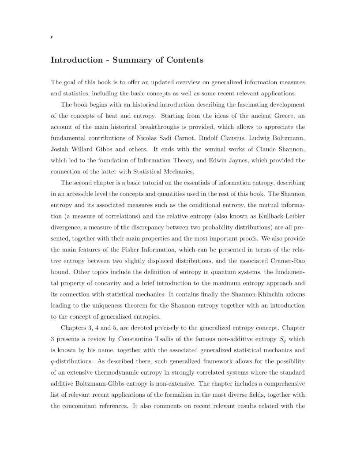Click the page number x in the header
(x=52, y=38)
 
